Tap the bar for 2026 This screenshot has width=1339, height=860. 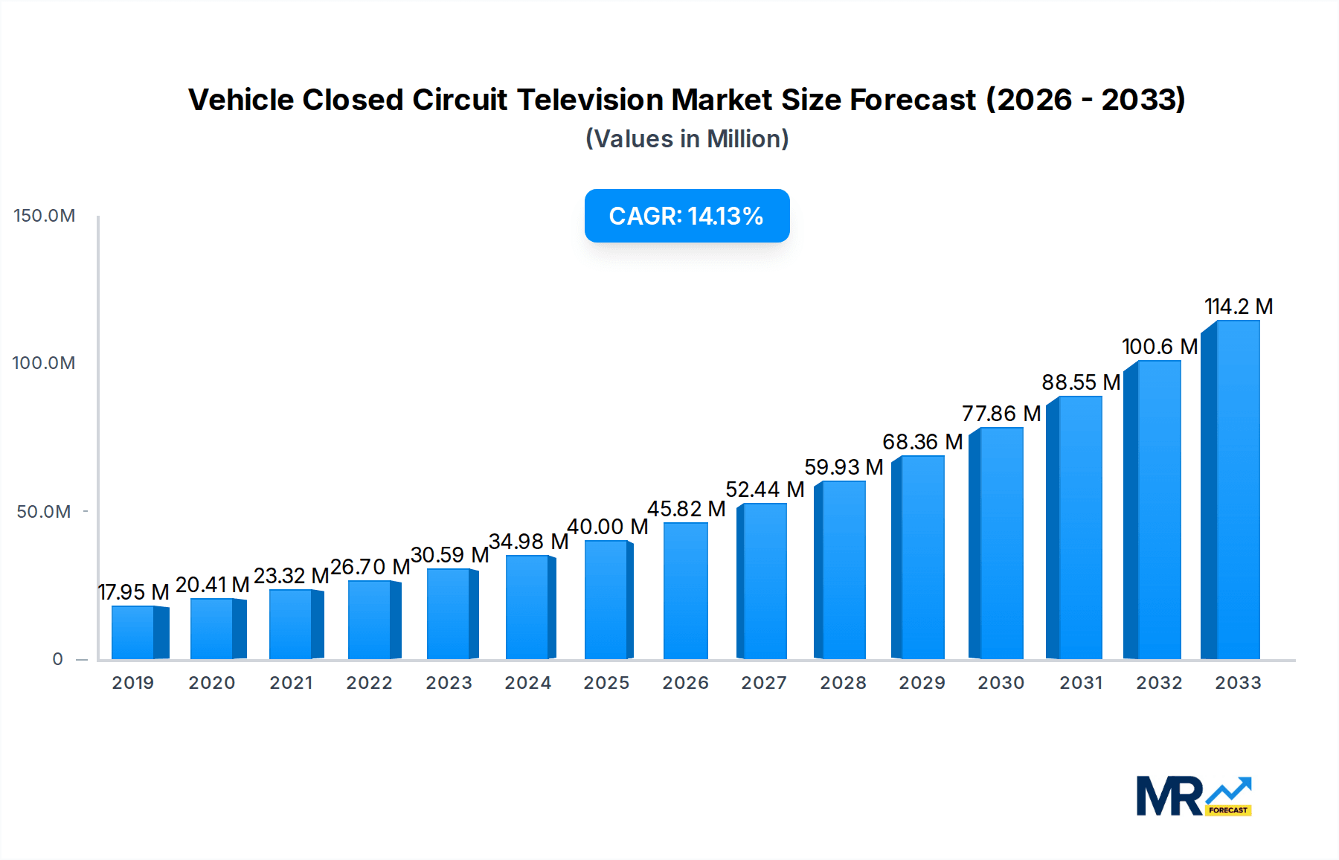pyautogui.click(x=685, y=591)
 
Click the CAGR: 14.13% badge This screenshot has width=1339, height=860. pyautogui.click(x=687, y=216)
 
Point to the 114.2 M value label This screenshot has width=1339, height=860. pyautogui.click(x=1239, y=307)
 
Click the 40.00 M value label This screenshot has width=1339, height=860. pyautogui.click(x=607, y=527)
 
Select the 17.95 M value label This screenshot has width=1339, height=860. pyautogui.click(x=134, y=592)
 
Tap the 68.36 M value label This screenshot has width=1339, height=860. pyautogui.click(x=922, y=442)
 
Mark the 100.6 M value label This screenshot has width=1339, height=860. pyautogui.click(x=1159, y=347)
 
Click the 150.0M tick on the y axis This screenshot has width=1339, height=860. pyautogui.click(x=45, y=216)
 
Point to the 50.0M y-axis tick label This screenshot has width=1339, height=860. pyautogui.click(x=44, y=512)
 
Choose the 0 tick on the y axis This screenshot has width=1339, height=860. pyautogui.click(x=58, y=659)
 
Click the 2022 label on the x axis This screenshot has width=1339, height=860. pyautogui.click(x=369, y=683)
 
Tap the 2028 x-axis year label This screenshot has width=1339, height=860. pyautogui.click(x=843, y=683)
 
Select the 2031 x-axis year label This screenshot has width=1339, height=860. pyautogui.click(x=1080, y=683)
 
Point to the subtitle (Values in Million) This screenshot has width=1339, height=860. pyautogui.click(x=687, y=139)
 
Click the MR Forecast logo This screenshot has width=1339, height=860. pyautogui.click(x=1193, y=796)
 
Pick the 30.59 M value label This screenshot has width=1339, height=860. pyautogui.click(x=449, y=555)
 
